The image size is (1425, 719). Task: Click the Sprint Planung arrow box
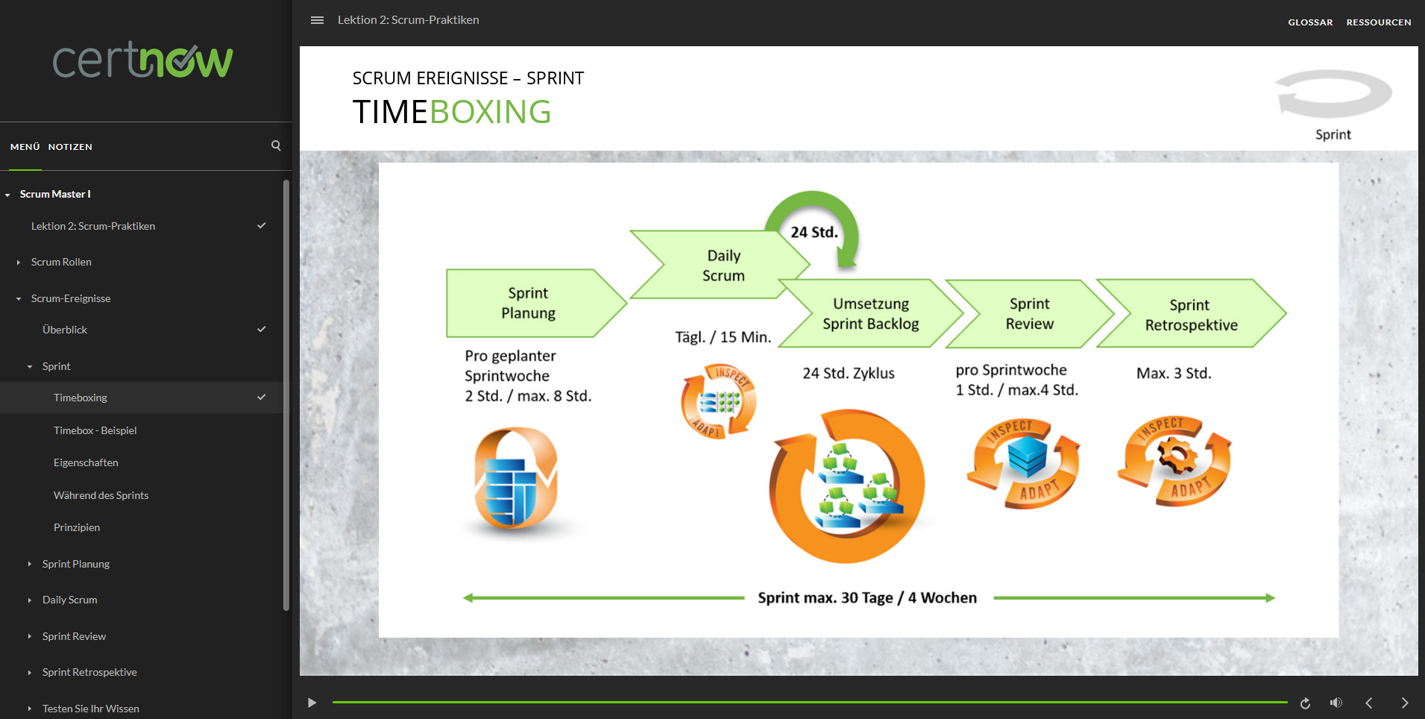(528, 303)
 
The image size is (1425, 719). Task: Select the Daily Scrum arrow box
(723, 266)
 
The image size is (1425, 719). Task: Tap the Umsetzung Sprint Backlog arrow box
(870, 314)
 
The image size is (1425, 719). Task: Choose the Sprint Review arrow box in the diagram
(1029, 314)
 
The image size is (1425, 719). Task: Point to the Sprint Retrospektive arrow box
(1190, 315)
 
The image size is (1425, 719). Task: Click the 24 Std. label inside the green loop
(814, 232)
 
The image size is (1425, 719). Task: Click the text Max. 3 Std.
(1173, 373)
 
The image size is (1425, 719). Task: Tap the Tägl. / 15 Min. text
(723, 337)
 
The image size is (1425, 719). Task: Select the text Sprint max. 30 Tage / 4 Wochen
(866, 598)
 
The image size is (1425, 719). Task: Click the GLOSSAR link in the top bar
(1310, 22)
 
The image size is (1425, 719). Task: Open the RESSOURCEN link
(1378, 22)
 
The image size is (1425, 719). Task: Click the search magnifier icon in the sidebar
(276, 146)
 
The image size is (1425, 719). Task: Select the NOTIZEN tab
(70, 147)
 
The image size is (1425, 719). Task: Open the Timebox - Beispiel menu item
(95, 430)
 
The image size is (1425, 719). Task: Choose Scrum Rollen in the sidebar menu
(61, 262)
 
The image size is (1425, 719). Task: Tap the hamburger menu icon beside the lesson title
(317, 20)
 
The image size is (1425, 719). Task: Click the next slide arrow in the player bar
(1404, 703)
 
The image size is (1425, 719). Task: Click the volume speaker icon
(1336, 703)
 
